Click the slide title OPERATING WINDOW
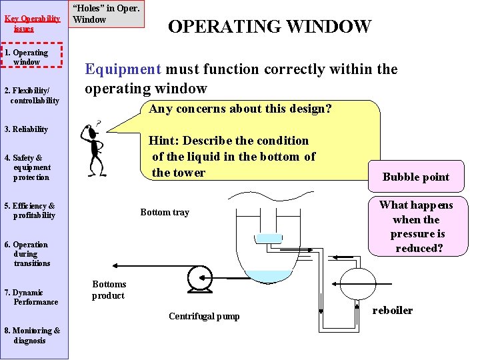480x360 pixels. pyautogui.click(x=269, y=27)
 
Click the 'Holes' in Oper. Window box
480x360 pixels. pyautogui.click(x=107, y=14)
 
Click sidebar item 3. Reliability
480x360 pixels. pyautogui.click(x=27, y=129)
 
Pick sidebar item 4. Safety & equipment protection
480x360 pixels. pyautogui.click(x=29, y=167)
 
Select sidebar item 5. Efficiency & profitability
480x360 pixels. pyautogui.click(x=31, y=211)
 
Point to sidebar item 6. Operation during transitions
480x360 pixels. pyautogui.click(x=28, y=253)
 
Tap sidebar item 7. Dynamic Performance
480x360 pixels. pyautogui.click(x=32, y=297)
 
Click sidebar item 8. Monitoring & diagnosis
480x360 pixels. pyautogui.click(x=32, y=335)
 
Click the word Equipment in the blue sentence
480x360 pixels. pyautogui.click(x=123, y=69)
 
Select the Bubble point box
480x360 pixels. pyautogui.click(x=415, y=177)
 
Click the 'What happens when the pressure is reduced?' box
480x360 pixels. pyautogui.click(x=416, y=227)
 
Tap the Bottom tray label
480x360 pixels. pyautogui.click(x=165, y=212)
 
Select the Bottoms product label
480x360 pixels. pyautogui.click(x=109, y=290)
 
